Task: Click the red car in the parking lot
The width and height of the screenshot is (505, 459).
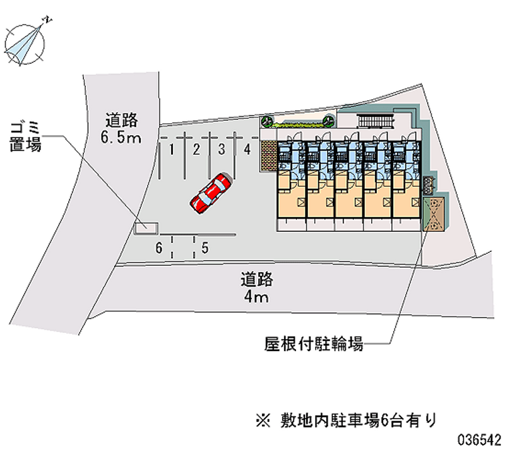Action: coord(211,193)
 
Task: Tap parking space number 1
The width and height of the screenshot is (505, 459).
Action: coord(171,150)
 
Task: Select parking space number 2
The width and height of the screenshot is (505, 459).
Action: coord(196,150)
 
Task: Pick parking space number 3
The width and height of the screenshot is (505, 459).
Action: coord(222,150)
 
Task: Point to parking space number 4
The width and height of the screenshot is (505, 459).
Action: coord(248,150)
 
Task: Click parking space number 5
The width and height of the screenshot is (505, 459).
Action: coord(205,247)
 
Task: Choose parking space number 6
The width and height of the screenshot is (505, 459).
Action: coord(160,247)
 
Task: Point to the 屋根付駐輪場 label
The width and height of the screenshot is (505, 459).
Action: coord(313,345)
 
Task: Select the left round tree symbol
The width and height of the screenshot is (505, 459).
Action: coord(267,121)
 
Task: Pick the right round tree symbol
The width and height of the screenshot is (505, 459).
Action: coord(328,121)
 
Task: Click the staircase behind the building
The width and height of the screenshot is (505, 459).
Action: coord(375,121)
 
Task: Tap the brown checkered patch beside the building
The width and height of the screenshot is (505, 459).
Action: coord(268,155)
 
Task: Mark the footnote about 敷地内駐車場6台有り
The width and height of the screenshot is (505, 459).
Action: coord(347,419)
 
